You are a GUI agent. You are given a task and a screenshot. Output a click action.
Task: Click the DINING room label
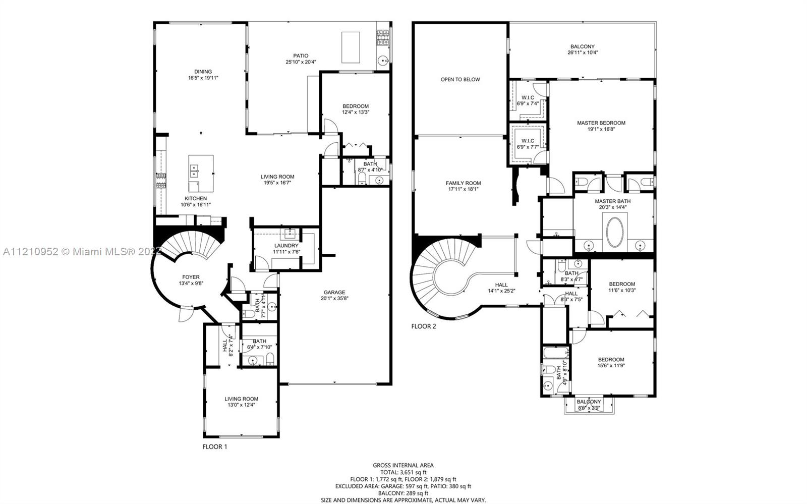[203, 72]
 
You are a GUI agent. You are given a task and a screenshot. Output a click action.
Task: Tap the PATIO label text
[301, 56]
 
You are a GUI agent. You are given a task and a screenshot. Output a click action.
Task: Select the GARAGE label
[334, 293]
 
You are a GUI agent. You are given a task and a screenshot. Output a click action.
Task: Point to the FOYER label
[191, 277]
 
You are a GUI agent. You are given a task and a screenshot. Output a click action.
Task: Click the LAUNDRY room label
[286, 246]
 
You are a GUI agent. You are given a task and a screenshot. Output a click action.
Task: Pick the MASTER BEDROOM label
[601, 123]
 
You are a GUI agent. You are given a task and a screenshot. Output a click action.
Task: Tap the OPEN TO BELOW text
[460, 79]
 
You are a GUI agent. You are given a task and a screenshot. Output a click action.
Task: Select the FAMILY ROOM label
[464, 183]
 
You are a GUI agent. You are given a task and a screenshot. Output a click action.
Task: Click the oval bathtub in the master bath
[615, 232]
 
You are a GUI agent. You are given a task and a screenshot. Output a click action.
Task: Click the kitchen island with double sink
[201, 174]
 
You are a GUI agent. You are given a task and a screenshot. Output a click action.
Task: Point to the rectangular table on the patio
[351, 47]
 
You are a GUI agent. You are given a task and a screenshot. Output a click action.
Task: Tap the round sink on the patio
[383, 61]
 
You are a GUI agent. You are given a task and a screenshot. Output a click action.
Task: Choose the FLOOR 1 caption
[215, 446]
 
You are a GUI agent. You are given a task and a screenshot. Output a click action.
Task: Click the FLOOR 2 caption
[424, 326]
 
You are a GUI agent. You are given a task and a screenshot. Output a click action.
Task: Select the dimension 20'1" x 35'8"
[335, 298]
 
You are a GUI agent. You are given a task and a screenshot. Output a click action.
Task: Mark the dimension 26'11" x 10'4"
[583, 52]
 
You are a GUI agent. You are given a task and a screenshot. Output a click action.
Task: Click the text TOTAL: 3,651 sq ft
[403, 472]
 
